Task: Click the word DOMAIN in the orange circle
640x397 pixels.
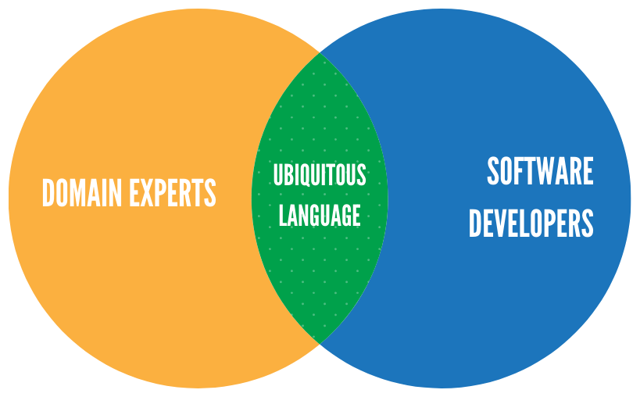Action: click(82, 192)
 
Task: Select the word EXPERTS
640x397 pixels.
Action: click(173, 192)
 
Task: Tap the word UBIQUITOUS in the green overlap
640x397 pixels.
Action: click(320, 174)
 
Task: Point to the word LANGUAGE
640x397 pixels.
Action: click(320, 215)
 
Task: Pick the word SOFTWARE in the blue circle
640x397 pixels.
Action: click(541, 171)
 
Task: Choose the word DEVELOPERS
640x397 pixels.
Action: click(531, 223)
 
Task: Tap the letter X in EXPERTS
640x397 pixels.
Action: click(148, 192)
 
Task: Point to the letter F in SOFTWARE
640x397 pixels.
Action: click(518, 171)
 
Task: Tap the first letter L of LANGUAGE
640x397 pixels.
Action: click(283, 215)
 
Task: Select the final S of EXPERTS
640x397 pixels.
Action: click(210, 192)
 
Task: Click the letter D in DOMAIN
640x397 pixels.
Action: click(48, 192)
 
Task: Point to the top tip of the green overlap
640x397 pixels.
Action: click(320, 53)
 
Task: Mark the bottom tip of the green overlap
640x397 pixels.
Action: click(320, 344)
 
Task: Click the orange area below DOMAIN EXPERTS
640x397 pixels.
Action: click(134, 285)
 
